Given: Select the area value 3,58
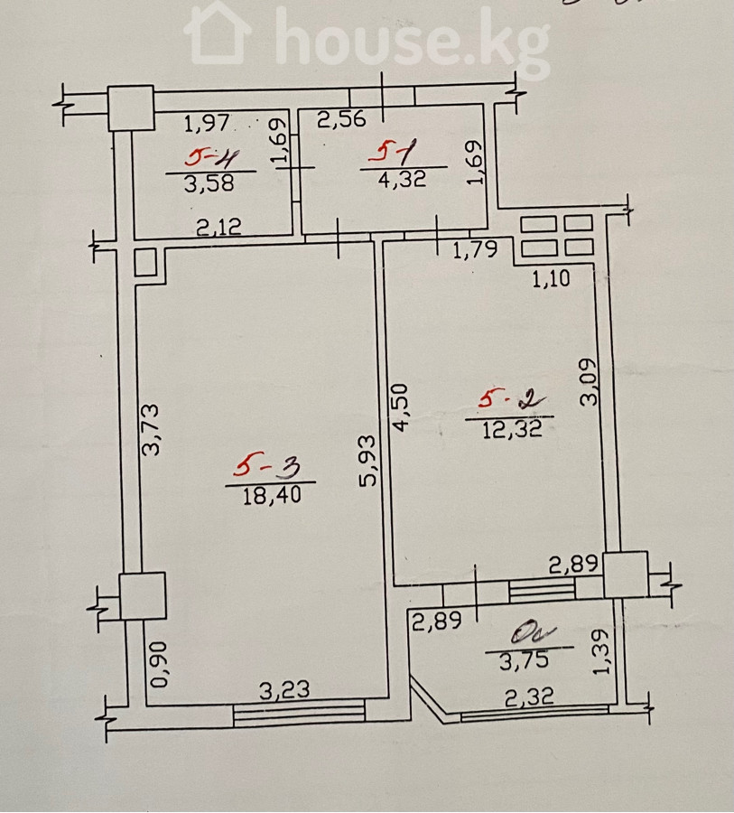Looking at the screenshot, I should click(x=209, y=184).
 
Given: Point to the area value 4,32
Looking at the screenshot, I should click(x=404, y=180).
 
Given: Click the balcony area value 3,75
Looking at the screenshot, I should click(x=529, y=660).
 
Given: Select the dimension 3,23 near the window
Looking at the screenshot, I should click(x=285, y=691).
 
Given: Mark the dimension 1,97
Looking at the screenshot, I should click(x=209, y=121).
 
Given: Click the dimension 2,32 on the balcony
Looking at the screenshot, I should click(x=531, y=696).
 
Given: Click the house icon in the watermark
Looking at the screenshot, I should click(x=218, y=34).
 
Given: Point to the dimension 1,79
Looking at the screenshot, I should click(x=475, y=249).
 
